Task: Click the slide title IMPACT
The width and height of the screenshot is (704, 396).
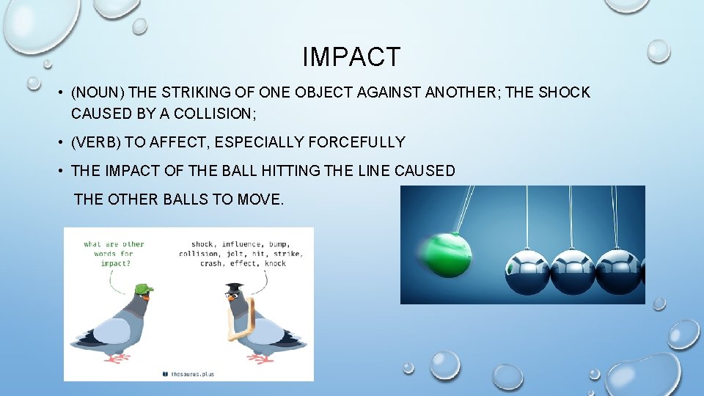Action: [x=352, y=57]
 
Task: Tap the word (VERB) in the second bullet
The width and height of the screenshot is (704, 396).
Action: [x=96, y=142]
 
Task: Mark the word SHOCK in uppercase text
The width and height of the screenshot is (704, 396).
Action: [x=565, y=93]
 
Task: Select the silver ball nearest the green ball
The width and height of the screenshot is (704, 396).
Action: [x=527, y=271]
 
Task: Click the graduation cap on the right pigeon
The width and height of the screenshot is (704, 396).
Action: [x=234, y=287]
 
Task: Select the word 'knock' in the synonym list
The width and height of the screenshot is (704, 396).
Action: [x=275, y=263]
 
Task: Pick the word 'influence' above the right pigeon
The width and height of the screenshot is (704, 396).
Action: [x=245, y=244]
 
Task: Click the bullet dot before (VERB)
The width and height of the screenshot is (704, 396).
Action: [x=58, y=142]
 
